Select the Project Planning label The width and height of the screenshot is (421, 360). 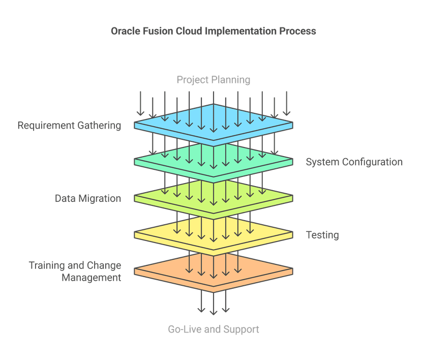click(214, 80)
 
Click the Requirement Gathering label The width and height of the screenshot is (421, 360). click(70, 125)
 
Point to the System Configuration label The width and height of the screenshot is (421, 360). click(354, 162)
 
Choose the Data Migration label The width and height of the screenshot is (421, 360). click(88, 198)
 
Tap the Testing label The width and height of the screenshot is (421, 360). click(322, 235)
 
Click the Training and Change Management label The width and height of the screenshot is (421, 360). click(75, 272)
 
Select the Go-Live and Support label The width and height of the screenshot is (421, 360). click(214, 329)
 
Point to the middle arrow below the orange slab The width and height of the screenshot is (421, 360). click(214, 304)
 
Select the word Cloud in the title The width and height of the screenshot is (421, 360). click(189, 31)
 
